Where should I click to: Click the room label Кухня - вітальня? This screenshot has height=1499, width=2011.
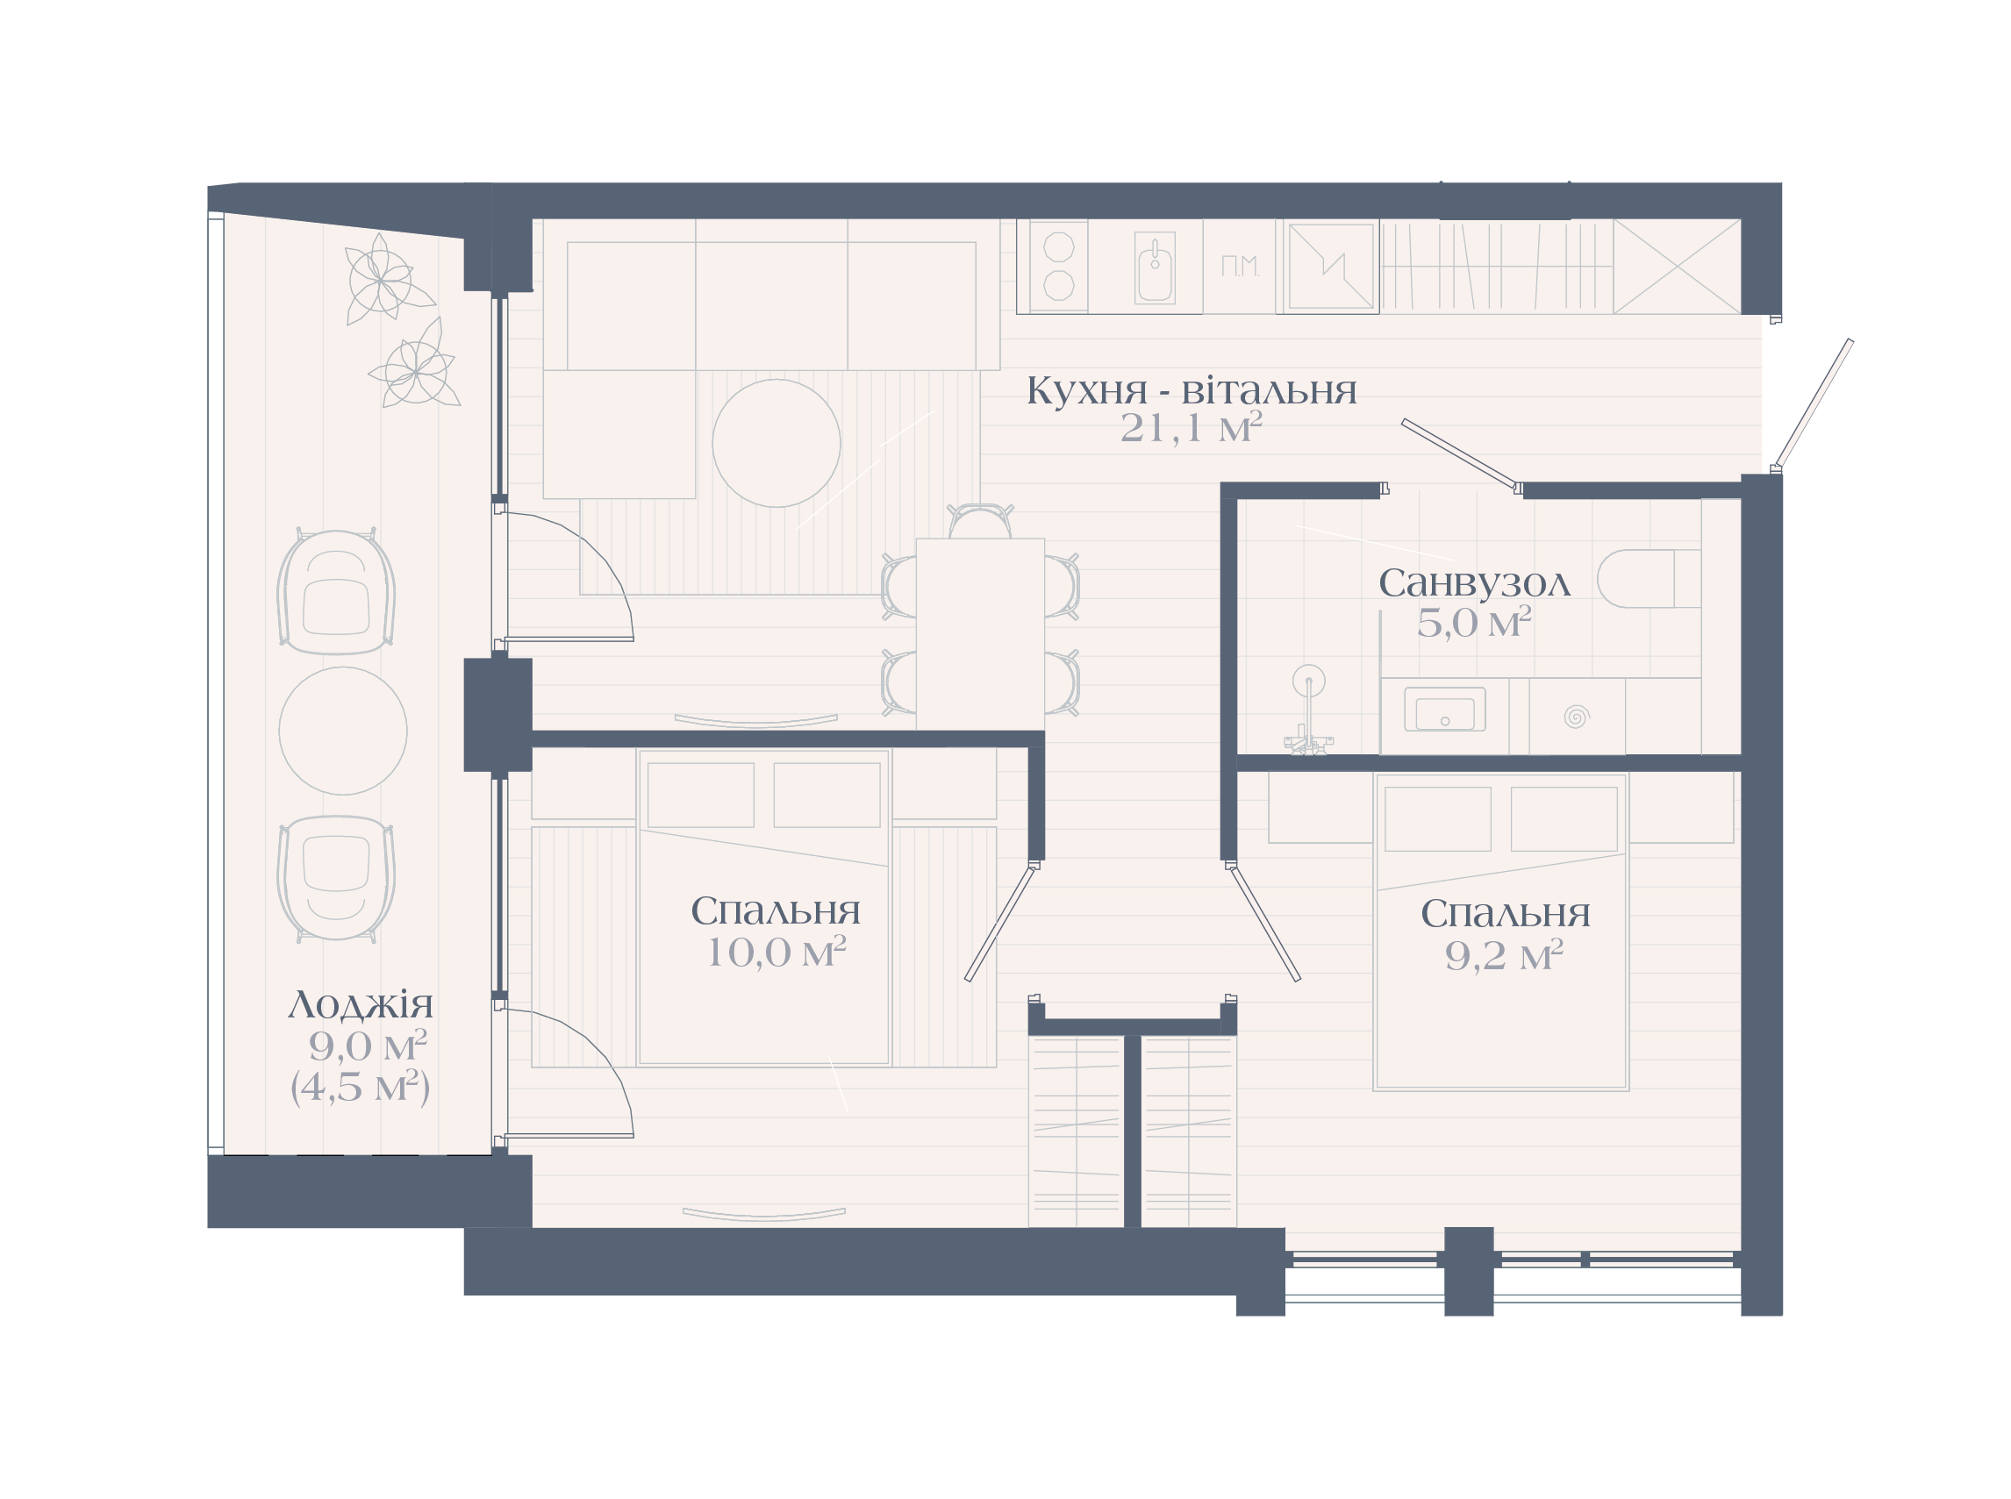point(1191,391)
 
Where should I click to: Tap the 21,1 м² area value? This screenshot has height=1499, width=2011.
point(1191,427)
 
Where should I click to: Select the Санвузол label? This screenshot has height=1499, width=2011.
point(1474,583)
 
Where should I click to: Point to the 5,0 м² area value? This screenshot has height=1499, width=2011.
point(1474,623)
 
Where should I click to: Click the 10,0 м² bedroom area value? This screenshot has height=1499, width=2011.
point(776,952)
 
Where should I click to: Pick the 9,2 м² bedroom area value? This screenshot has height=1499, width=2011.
point(1504,954)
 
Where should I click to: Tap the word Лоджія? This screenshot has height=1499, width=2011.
point(361,1004)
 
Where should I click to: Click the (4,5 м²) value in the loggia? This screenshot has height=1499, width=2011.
point(361,1086)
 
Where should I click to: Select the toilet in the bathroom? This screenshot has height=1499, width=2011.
point(1648,578)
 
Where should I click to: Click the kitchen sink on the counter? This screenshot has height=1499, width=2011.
point(1155,267)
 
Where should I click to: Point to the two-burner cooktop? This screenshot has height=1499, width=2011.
point(1058,266)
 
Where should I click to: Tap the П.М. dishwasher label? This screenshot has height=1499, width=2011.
point(1240,266)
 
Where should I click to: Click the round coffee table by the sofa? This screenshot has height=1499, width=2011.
point(776,443)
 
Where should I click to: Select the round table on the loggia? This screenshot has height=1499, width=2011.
point(342,731)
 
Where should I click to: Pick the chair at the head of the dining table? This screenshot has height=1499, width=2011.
point(980,521)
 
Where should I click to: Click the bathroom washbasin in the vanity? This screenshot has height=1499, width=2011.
point(1444,709)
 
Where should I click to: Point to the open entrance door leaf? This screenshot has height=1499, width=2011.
point(1814,403)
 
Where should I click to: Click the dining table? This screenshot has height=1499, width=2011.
point(980,633)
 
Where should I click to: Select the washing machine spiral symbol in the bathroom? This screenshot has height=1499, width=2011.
point(1577,716)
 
